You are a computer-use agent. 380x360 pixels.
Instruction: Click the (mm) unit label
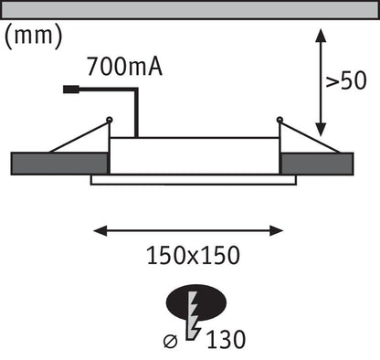(x=34, y=37)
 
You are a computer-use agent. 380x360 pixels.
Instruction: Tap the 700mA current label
(x=124, y=67)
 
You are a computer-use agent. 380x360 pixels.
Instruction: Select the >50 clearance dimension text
(x=346, y=80)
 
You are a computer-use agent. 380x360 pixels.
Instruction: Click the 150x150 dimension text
(x=194, y=255)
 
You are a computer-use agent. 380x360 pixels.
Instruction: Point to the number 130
(x=226, y=339)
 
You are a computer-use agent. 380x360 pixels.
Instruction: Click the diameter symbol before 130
(x=171, y=341)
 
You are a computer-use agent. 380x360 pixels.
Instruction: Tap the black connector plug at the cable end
(x=71, y=90)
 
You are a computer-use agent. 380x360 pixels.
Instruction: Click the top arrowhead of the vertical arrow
(x=321, y=36)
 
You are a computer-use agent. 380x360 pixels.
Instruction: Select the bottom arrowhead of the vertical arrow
(x=321, y=129)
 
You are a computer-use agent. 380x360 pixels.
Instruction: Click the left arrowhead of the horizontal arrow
(x=100, y=231)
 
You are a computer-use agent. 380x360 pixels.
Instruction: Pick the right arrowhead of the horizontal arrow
(x=277, y=231)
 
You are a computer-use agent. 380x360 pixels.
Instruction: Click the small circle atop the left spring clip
(x=110, y=120)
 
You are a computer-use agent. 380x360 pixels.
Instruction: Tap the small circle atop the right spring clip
(x=280, y=120)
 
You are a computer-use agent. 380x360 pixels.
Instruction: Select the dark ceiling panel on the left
(x=60, y=164)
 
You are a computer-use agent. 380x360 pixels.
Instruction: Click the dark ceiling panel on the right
(x=317, y=164)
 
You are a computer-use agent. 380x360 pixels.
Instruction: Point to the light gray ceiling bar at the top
(x=190, y=10)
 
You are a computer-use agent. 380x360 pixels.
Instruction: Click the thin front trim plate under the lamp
(x=194, y=180)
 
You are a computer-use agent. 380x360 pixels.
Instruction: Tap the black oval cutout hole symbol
(x=196, y=302)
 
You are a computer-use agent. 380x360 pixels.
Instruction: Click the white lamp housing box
(x=195, y=156)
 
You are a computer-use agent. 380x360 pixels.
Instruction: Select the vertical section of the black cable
(x=136, y=113)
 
